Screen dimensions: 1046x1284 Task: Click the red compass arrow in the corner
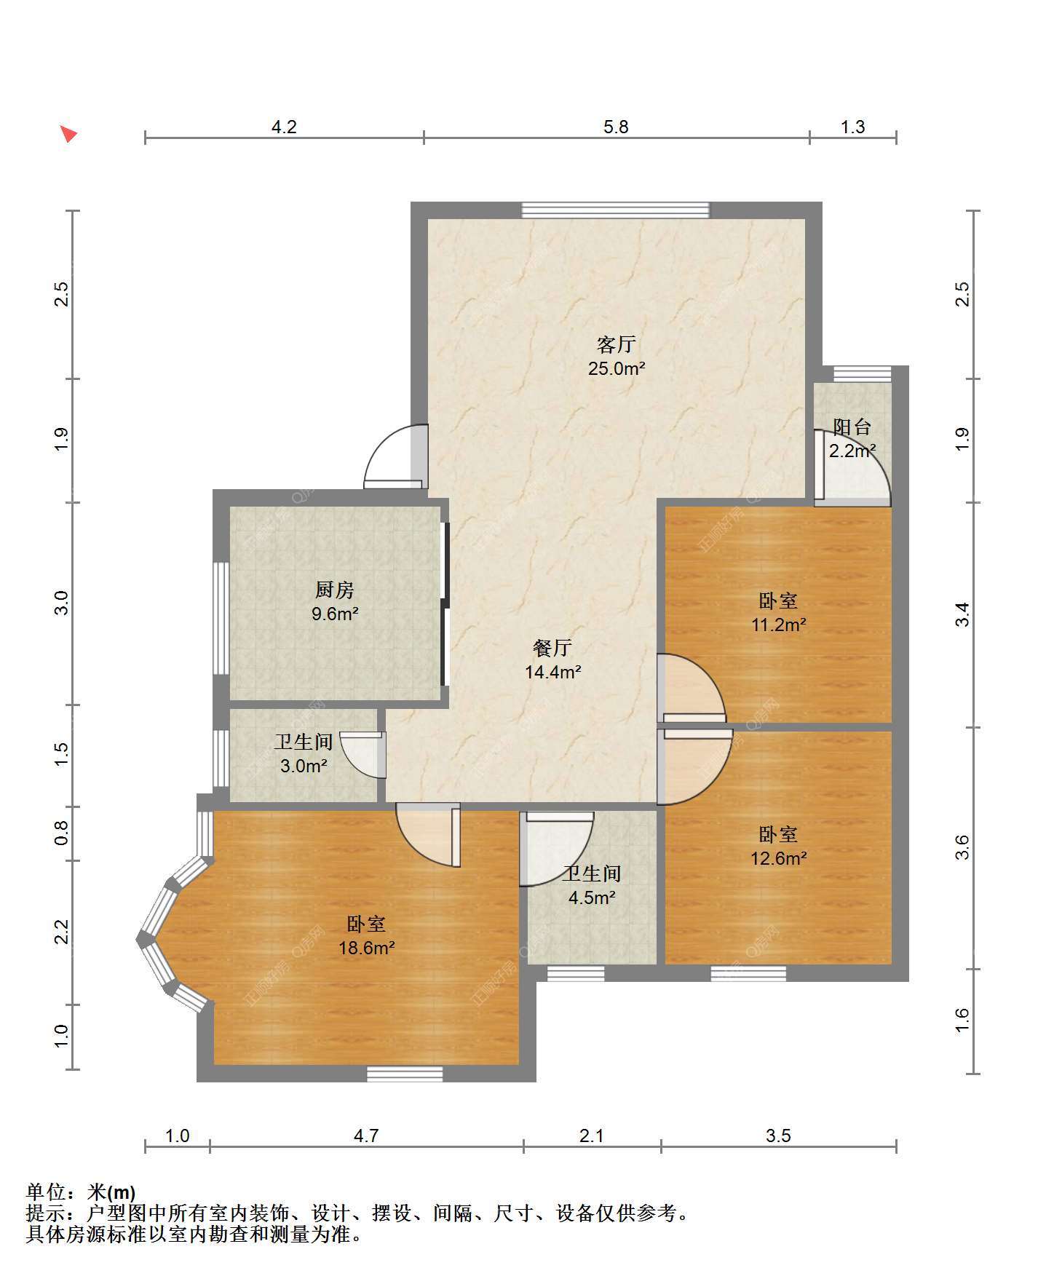click(68, 134)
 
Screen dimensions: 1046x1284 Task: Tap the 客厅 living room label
click(617, 344)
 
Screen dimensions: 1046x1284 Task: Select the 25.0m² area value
click(617, 368)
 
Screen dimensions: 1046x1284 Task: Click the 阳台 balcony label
click(852, 427)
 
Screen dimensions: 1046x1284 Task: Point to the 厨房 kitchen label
click(334, 590)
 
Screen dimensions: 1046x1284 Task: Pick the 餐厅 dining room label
click(552, 648)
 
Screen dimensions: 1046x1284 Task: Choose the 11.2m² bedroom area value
click(778, 625)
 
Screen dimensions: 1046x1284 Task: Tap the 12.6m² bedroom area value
click(778, 858)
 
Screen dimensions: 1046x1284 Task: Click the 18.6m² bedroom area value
click(366, 948)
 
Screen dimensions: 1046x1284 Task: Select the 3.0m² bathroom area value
click(304, 766)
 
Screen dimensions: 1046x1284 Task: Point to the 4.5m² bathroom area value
click(592, 897)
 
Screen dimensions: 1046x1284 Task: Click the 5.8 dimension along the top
click(616, 127)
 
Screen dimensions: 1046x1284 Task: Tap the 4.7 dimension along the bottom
click(366, 1136)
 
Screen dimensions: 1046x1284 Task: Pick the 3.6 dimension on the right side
click(962, 847)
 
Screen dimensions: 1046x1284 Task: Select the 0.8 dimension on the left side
click(62, 833)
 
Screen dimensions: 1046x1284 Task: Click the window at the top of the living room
click(615, 210)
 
